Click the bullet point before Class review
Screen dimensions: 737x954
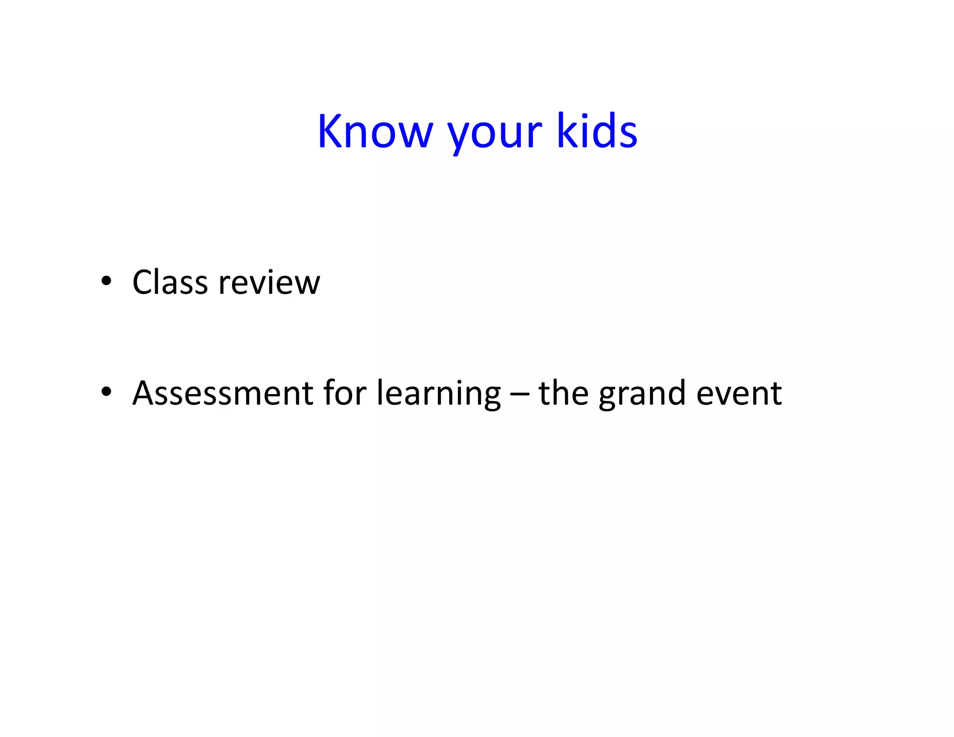[x=107, y=281]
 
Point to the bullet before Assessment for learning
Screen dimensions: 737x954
[x=107, y=392]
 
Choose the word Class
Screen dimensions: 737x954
[x=170, y=282]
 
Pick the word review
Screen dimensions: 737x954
[x=269, y=282]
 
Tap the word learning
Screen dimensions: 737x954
[x=438, y=394]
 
